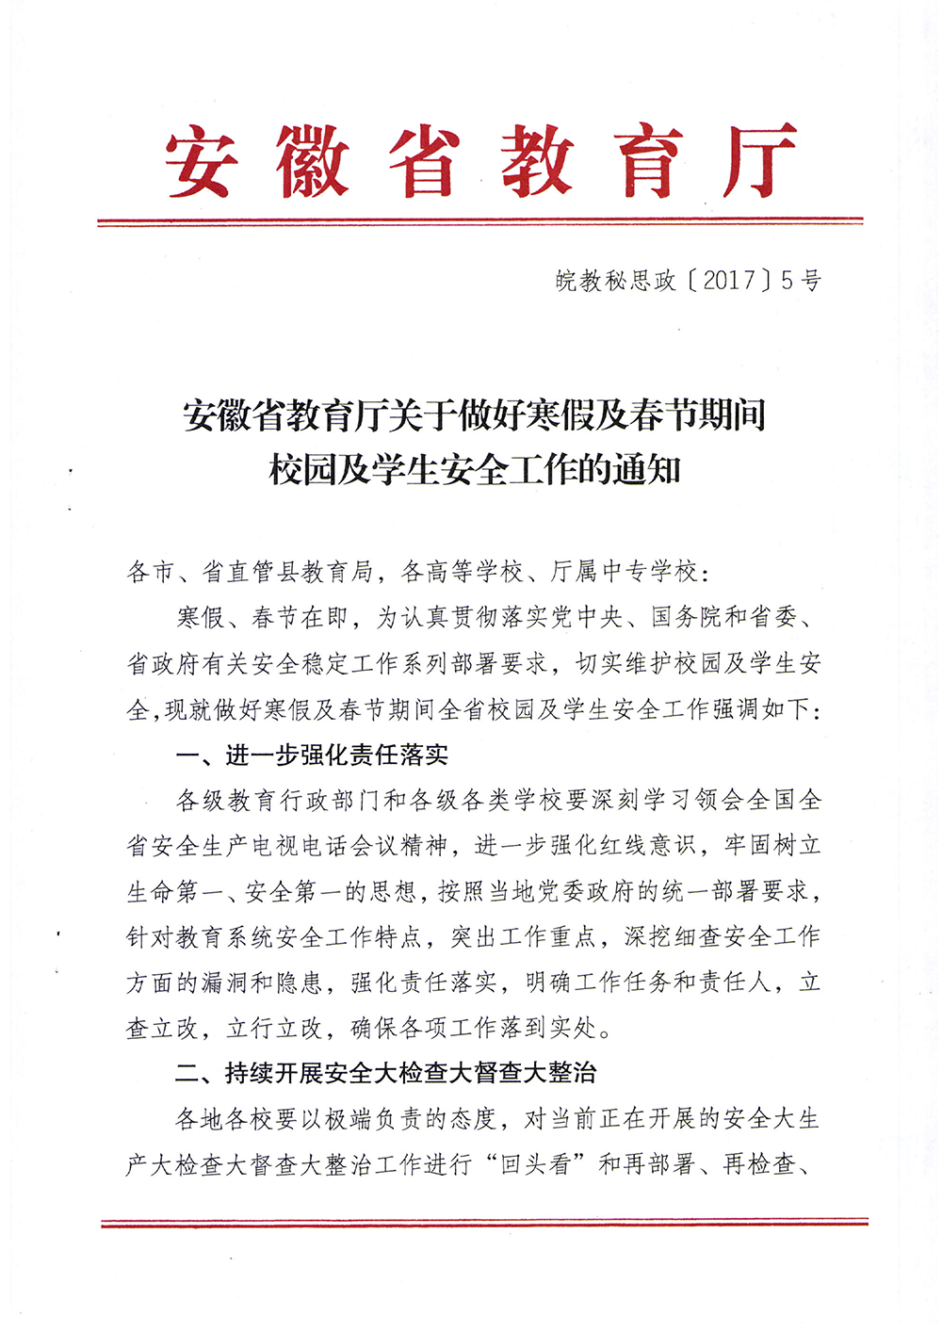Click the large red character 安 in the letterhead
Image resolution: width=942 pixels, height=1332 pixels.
pos(199,161)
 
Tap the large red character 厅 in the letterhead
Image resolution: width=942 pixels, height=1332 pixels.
pos(759,161)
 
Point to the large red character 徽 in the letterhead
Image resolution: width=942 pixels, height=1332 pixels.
pos(312,161)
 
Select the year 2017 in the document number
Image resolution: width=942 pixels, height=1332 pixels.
pos(729,280)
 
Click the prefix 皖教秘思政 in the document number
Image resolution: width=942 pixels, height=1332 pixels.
pos(615,280)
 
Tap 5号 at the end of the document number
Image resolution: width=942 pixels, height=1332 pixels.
pos(801,280)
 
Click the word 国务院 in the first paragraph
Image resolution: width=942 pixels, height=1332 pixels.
pos(687,617)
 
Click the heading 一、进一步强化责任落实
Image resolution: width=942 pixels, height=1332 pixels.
pos(312,755)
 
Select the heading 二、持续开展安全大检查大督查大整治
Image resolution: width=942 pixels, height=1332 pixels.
pos(386,1073)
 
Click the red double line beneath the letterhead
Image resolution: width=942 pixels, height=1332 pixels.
pos(479,222)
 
